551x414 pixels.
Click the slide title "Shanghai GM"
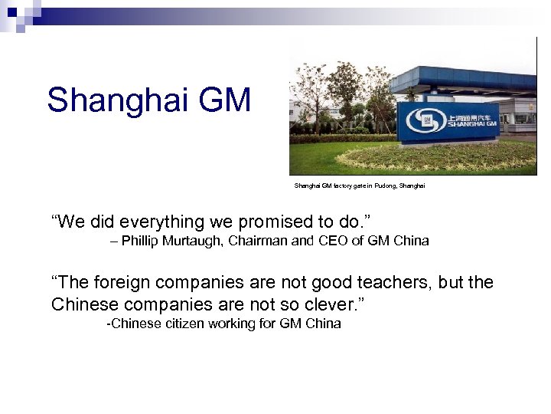point(148,100)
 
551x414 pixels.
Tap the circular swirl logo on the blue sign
point(422,120)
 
